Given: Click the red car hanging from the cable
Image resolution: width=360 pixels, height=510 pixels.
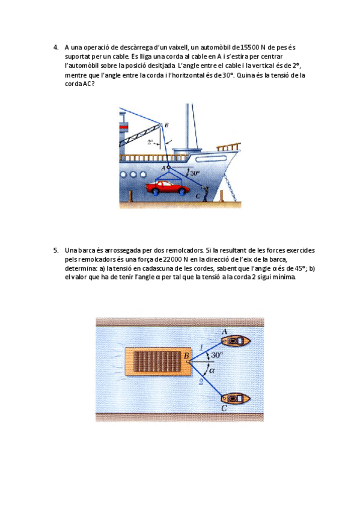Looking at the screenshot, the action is (168, 188).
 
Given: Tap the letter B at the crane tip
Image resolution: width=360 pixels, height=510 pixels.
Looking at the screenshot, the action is (166, 125).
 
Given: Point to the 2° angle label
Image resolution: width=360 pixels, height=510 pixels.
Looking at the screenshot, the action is (150, 142).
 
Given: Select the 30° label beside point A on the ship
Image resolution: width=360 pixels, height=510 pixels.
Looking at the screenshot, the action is (195, 173).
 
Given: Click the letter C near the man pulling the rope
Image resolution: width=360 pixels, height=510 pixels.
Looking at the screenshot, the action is (198, 196).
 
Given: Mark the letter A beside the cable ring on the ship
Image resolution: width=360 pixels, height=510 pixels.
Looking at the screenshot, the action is (163, 168).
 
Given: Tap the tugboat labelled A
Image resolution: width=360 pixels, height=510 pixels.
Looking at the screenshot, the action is (236, 341).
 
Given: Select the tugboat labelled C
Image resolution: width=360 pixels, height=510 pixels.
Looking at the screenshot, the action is (236, 398).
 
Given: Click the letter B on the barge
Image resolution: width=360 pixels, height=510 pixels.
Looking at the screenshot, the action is (186, 356).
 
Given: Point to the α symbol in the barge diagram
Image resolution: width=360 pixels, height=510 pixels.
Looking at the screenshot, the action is (212, 370).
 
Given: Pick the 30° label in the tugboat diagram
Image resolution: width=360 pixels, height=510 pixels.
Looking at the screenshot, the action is (217, 355).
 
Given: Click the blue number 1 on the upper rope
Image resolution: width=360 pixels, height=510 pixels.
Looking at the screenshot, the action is (201, 348).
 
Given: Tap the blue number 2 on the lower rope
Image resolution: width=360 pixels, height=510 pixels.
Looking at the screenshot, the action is (201, 381).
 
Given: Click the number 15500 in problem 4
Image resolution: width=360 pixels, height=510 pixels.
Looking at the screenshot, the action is (250, 48).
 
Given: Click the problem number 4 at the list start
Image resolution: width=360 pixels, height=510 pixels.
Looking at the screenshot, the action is (55, 48).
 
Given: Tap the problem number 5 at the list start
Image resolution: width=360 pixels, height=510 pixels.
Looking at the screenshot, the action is (56, 250).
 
